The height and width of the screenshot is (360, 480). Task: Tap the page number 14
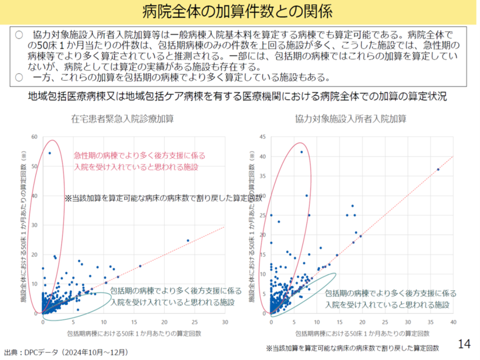coord(464,344)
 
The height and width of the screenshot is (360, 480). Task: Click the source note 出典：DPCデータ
coord(66,352)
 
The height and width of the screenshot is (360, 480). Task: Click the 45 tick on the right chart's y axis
coord(263,137)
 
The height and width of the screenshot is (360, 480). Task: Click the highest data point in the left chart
coord(50,153)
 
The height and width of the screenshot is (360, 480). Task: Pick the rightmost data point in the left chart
coord(188,240)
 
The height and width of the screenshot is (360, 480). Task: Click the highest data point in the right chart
coord(302,152)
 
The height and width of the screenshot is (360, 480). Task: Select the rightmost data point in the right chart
coord(438,170)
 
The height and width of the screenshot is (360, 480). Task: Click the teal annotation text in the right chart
coord(390,299)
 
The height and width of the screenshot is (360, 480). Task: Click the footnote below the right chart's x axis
coord(352,346)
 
